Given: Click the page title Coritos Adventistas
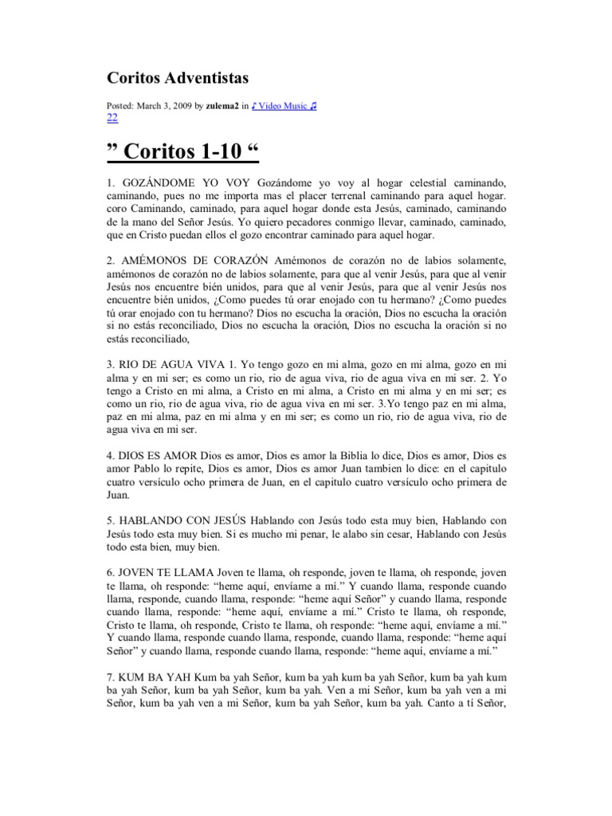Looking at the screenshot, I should [178, 77].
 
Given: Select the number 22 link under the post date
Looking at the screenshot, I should [112, 117].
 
